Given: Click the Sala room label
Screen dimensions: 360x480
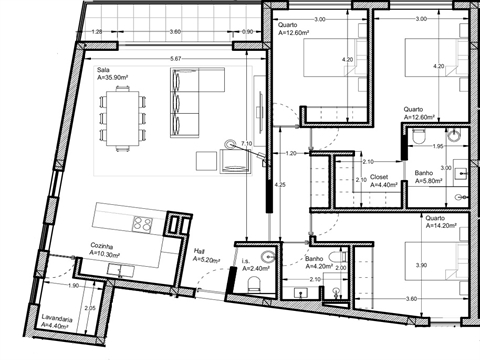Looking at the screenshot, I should click(103, 69).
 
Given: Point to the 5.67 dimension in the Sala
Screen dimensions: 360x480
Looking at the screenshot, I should click(176, 59).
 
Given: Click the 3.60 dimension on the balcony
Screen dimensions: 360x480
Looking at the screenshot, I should click(175, 32).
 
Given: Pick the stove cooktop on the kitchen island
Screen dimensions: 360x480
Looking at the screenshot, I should click(140, 222).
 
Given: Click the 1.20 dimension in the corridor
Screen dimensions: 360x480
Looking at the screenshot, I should click(290, 153).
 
